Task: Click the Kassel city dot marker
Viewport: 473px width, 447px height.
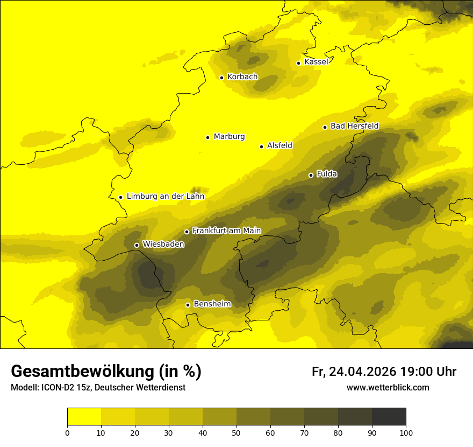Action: (299, 63)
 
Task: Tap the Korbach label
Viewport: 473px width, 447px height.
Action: (242, 77)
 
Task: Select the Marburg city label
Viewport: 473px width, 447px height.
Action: (229, 137)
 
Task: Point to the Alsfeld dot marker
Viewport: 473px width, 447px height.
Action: (262, 146)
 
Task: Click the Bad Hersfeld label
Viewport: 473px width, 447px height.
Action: (354, 126)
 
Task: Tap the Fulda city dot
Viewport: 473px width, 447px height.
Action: (311, 175)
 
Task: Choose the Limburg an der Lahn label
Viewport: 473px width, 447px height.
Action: (165, 197)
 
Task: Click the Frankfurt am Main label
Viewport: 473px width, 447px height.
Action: (226, 231)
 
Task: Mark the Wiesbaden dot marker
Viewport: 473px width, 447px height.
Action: (137, 245)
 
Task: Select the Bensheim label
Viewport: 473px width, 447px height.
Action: (212, 304)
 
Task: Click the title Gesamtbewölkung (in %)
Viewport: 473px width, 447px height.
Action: (106, 372)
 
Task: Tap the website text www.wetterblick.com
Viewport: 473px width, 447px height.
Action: (388, 388)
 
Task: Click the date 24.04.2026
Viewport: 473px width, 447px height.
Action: (363, 372)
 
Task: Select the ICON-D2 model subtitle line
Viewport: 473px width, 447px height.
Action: (98, 388)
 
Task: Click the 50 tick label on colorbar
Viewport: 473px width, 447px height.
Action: (236, 432)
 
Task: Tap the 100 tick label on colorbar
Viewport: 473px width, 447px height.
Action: (405, 432)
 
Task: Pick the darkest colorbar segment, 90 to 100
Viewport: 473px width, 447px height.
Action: (389, 416)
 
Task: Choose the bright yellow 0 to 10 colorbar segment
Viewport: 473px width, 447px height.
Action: (84, 416)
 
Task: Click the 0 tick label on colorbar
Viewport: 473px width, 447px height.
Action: (67, 432)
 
